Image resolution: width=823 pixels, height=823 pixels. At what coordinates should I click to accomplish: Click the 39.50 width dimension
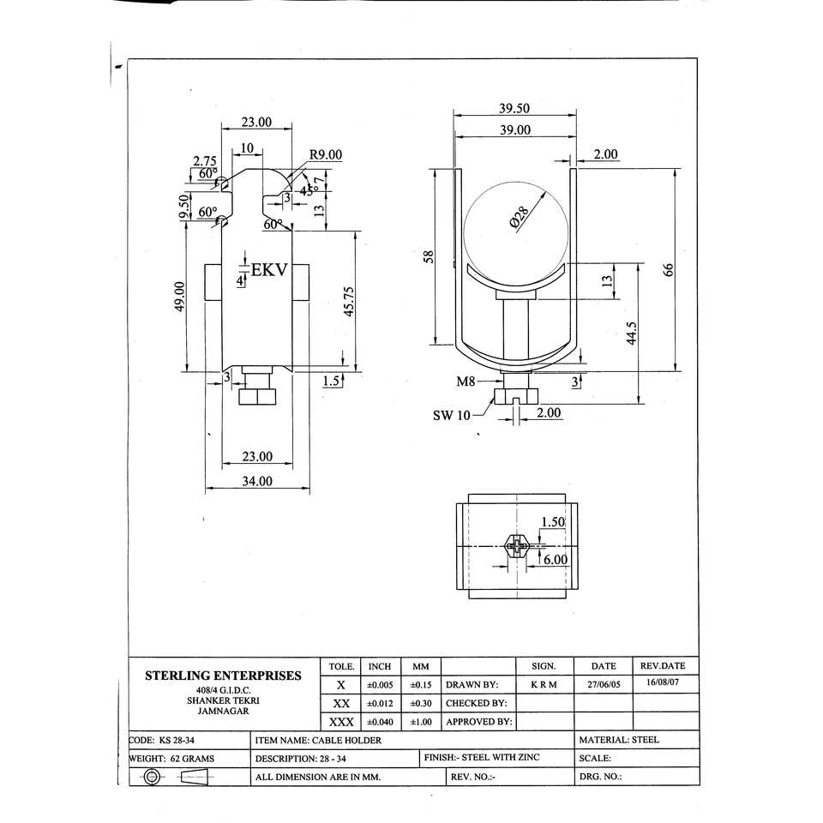pos(514,108)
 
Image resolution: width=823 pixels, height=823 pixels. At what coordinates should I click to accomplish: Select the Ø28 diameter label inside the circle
pos(520,217)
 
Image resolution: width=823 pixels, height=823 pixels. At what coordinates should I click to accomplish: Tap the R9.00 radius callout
pos(326,155)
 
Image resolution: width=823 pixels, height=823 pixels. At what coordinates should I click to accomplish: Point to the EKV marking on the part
pos(269,270)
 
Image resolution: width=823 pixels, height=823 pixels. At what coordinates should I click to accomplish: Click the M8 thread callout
pos(466,381)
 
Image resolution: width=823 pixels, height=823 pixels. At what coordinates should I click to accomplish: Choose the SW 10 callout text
pos(452,416)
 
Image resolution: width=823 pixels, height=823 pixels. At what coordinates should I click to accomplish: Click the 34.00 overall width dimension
pos(257,481)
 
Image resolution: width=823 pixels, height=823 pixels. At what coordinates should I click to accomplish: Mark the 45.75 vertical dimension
pos(349,301)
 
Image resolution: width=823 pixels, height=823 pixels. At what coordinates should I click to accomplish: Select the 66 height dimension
pos(668,270)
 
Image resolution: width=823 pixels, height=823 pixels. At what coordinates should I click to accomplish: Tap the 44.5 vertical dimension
pos(632,333)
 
